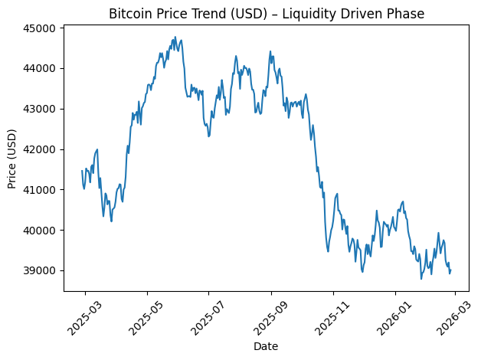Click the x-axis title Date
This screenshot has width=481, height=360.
[x=265, y=347]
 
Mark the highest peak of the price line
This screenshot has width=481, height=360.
[x=175, y=37]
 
